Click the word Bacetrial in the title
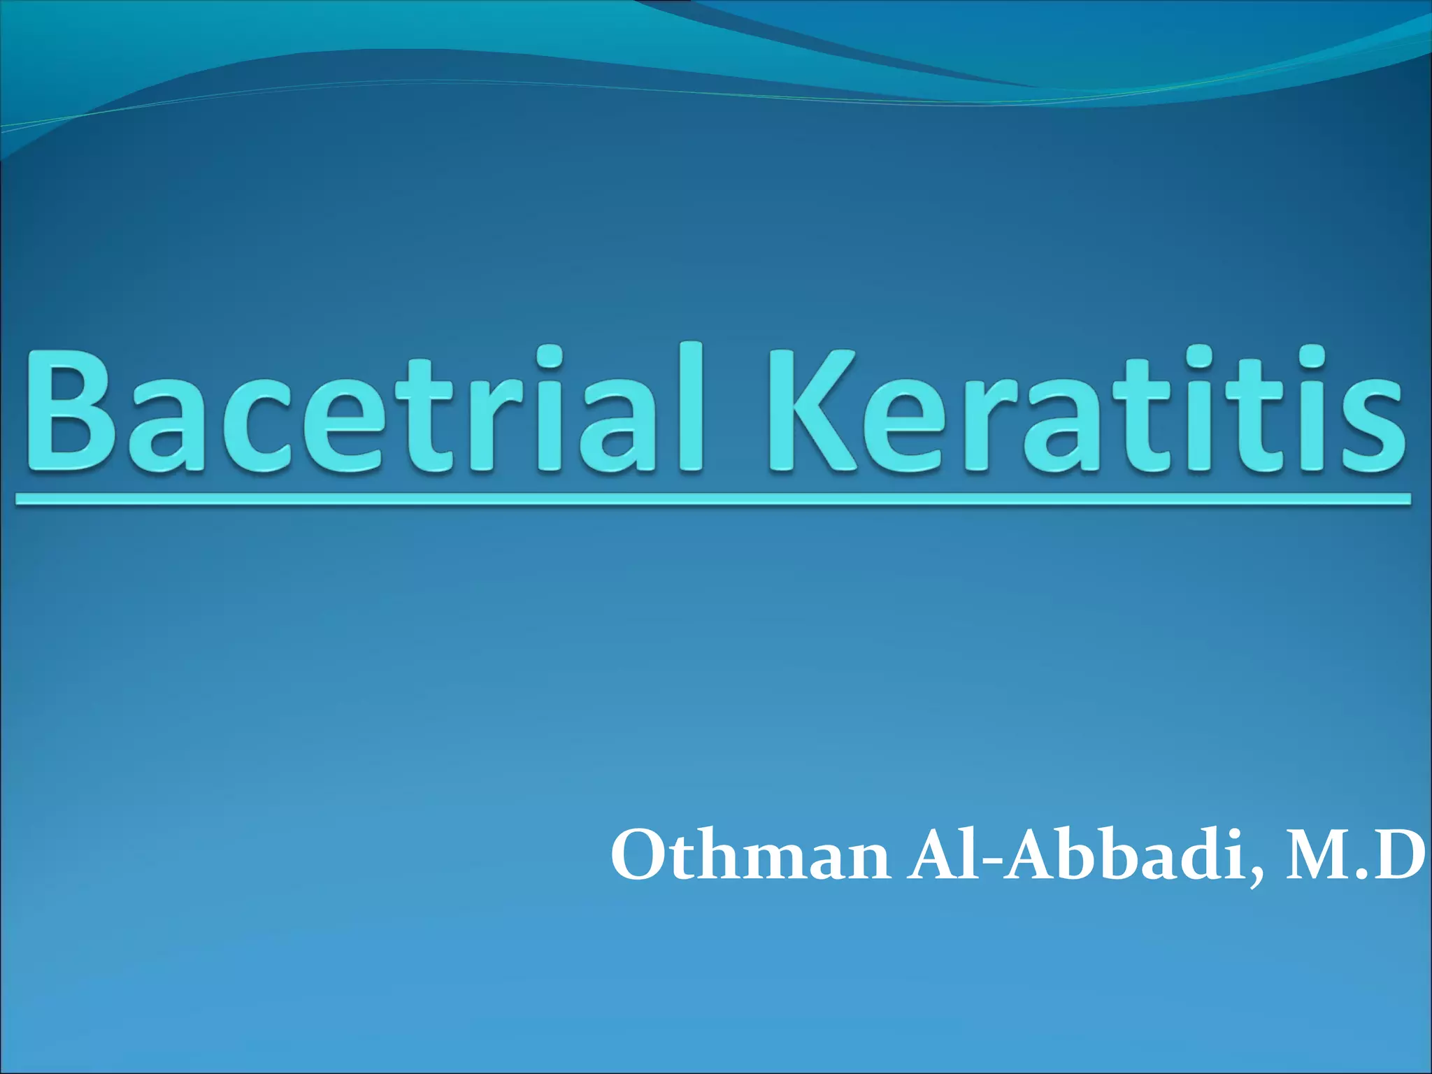364,413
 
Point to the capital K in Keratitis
811,413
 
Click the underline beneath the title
713,499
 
